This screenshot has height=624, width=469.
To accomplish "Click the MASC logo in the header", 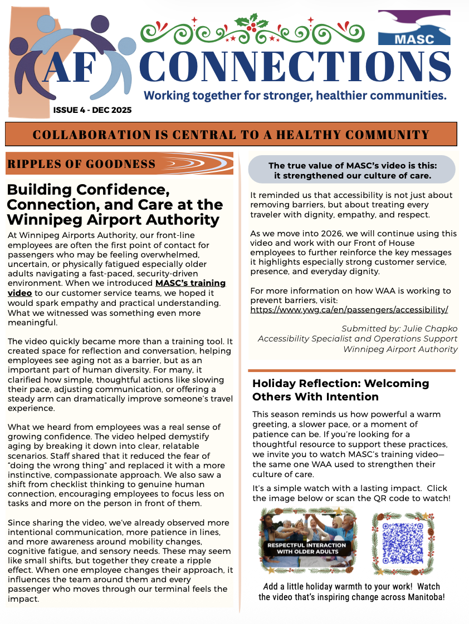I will click(x=414, y=28).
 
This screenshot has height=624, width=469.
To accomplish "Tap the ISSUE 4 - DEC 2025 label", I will click(x=92, y=110).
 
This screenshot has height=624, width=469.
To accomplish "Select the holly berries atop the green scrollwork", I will click(x=248, y=24).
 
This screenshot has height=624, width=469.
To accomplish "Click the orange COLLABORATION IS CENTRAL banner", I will click(x=231, y=135).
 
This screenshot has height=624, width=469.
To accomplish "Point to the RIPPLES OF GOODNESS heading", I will click(x=81, y=164).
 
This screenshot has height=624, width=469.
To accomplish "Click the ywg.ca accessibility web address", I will click(x=349, y=310).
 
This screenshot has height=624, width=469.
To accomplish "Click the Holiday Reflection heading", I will click(x=340, y=390).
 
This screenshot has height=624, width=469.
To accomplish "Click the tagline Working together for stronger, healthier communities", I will click(x=295, y=96).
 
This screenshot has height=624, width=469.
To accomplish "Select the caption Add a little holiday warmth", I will click(x=351, y=592).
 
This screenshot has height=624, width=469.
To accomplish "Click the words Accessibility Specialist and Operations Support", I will click(x=357, y=339).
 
